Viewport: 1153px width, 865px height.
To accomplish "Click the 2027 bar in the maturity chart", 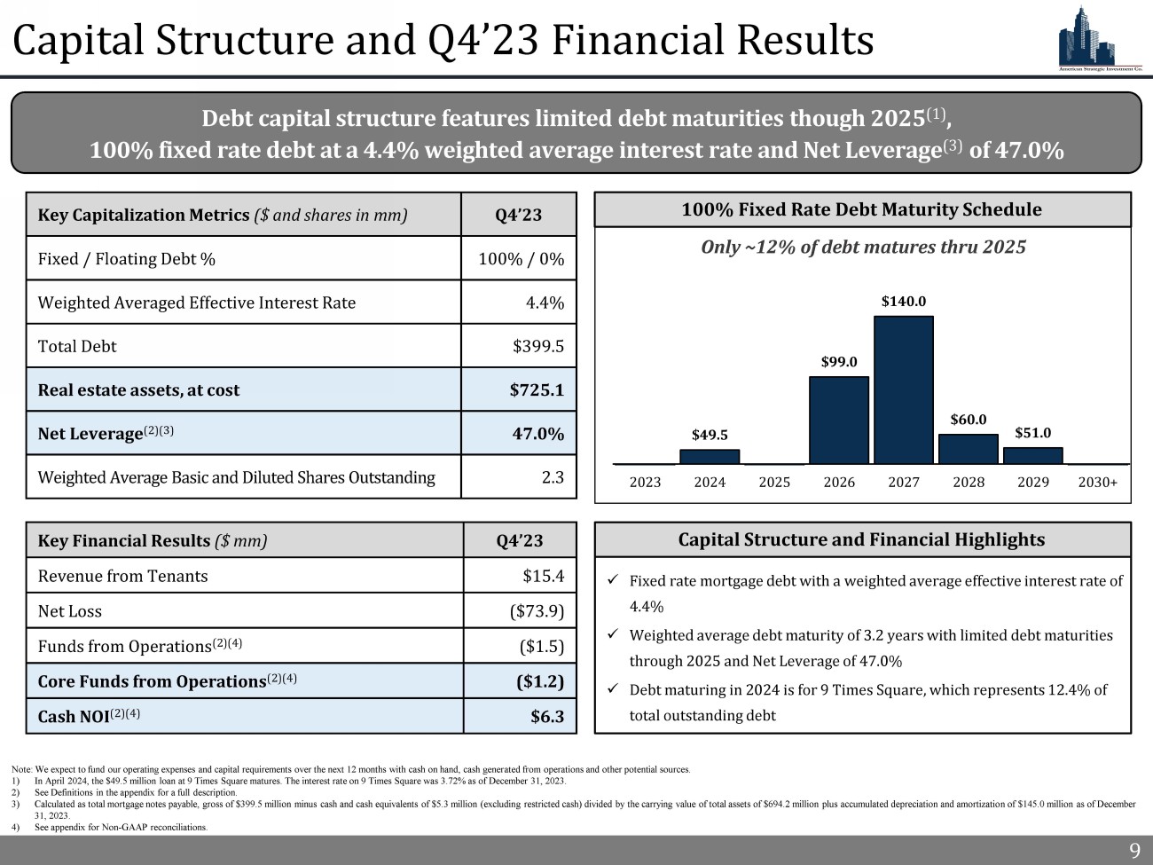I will click(x=903, y=390).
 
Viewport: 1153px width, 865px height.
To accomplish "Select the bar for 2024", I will click(x=709, y=457).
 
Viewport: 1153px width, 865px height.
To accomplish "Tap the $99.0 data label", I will click(x=838, y=362).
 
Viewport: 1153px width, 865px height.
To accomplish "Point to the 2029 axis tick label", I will click(x=1032, y=482).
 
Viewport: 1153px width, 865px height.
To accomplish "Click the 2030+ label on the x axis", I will click(x=1097, y=482).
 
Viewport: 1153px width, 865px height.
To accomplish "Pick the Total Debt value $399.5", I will click(x=537, y=346).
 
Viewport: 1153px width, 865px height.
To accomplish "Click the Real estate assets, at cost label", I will click(x=138, y=389).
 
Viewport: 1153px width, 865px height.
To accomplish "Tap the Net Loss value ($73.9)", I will click(x=537, y=611).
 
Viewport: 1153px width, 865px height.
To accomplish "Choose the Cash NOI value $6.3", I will click(x=546, y=716).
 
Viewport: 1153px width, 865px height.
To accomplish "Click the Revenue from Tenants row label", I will click(x=122, y=576).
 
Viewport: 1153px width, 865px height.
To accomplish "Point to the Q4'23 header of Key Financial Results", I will click(x=519, y=540).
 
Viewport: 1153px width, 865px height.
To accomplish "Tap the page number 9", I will click(x=1133, y=851).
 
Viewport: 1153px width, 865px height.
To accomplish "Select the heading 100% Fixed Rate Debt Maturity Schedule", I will click(x=861, y=209).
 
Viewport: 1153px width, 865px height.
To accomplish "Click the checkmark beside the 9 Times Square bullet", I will click(x=612, y=689).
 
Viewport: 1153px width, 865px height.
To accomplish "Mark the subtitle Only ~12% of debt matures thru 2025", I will click(x=863, y=247).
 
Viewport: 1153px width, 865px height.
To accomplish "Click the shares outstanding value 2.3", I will click(x=553, y=477).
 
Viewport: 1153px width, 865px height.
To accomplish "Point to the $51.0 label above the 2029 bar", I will click(x=1032, y=433).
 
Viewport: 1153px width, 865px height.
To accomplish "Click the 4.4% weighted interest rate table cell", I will click(x=545, y=303).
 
